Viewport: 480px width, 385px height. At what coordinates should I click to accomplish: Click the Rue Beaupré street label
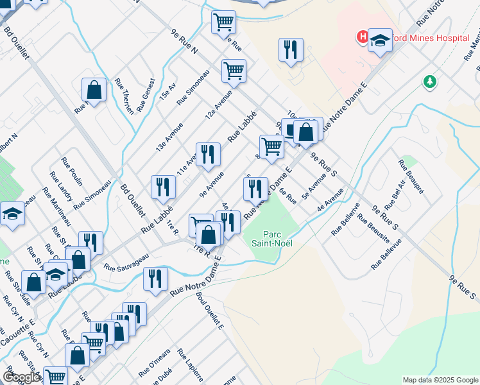click(x=412, y=175)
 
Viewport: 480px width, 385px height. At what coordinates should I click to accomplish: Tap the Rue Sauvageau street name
click(x=126, y=262)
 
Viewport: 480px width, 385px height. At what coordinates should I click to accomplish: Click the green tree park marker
click(x=429, y=82)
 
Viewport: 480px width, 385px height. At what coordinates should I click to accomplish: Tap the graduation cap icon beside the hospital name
click(x=379, y=40)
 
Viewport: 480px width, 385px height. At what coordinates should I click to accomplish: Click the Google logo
click(x=21, y=377)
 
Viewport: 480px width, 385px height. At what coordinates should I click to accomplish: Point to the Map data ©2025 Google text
click(x=440, y=380)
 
